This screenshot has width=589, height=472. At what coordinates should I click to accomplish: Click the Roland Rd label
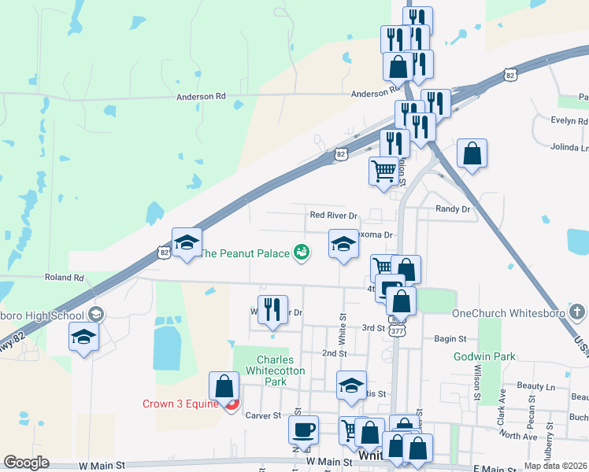65,278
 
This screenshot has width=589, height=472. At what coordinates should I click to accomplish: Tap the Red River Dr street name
333,215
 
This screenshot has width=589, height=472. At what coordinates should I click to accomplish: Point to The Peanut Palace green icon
301,253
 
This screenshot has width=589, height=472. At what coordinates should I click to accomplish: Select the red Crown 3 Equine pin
232,406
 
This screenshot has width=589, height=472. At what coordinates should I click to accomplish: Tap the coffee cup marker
303,430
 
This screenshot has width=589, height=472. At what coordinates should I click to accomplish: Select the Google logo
26,463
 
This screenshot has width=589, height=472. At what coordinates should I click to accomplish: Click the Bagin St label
450,338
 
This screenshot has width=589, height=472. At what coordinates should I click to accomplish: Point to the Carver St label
263,415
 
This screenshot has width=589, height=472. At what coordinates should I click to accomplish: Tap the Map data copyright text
556,466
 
